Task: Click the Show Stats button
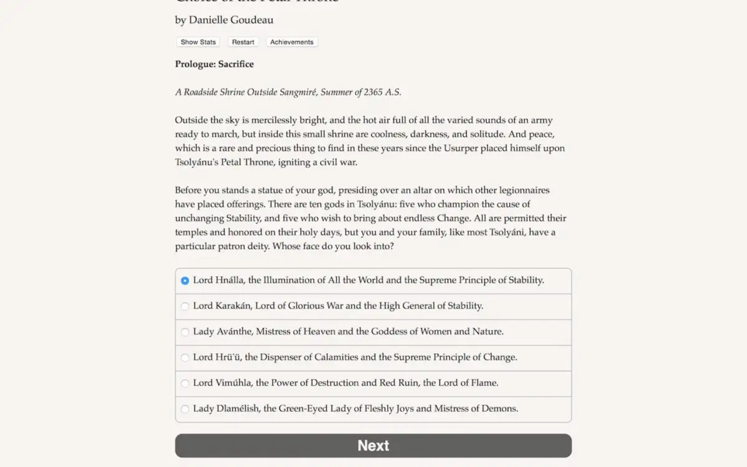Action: tap(198, 42)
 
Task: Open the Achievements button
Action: tap(291, 42)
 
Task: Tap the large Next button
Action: tap(373, 446)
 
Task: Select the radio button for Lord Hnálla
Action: tap(185, 281)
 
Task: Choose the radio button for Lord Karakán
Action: tap(185, 306)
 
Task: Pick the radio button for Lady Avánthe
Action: tap(185, 332)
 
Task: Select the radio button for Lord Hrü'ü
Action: tap(185, 357)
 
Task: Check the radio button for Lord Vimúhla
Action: tap(185, 383)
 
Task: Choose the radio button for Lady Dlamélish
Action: tap(185, 409)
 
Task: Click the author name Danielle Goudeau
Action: tap(231, 20)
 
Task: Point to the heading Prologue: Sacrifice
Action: tap(214, 64)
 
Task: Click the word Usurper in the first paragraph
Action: tap(460, 148)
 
